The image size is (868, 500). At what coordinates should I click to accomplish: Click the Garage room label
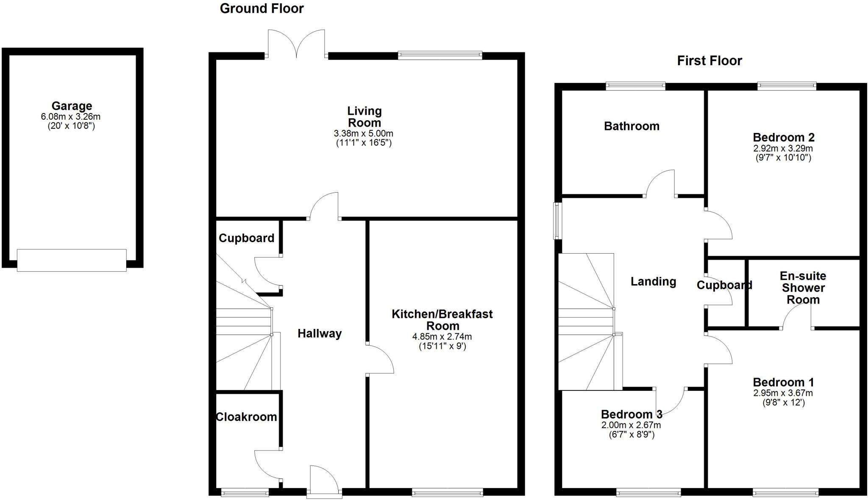pyautogui.click(x=72, y=106)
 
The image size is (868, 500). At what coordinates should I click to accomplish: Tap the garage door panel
pyautogui.click(x=72, y=260)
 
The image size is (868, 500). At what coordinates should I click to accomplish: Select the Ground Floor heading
pyautogui.click(x=262, y=8)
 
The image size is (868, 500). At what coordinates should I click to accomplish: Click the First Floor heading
pyautogui.click(x=709, y=61)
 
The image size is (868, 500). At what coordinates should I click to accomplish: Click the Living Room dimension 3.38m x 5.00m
pyautogui.click(x=364, y=134)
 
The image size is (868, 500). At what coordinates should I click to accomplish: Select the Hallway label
pyautogui.click(x=319, y=334)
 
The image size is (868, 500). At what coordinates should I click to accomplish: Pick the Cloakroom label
pyautogui.click(x=246, y=417)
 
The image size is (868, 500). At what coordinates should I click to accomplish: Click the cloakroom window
pyautogui.click(x=245, y=492)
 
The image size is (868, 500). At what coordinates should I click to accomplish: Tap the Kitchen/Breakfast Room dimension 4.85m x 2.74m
pyautogui.click(x=442, y=337)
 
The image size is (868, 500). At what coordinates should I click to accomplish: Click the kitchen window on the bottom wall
pyautogui.click(x=447, y=492)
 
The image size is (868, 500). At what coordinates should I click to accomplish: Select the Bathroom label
pyautogui.click(x=632, y=126)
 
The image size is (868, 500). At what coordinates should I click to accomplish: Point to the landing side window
pyautogui.click(x=558, y=221)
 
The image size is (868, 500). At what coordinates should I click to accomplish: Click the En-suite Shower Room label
pyautogui.click(x=803, y=288)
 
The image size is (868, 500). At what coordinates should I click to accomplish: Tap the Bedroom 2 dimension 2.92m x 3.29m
pyautogui.click(x=783, y=149)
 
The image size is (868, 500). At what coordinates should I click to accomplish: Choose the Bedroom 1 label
pyautogui.click(x=783, y=382)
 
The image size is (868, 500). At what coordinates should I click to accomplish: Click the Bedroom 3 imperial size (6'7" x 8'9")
pyautogui.click(x=631, y=434)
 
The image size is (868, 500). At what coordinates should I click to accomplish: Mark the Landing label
pyautogui.click(x=653, y=282)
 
